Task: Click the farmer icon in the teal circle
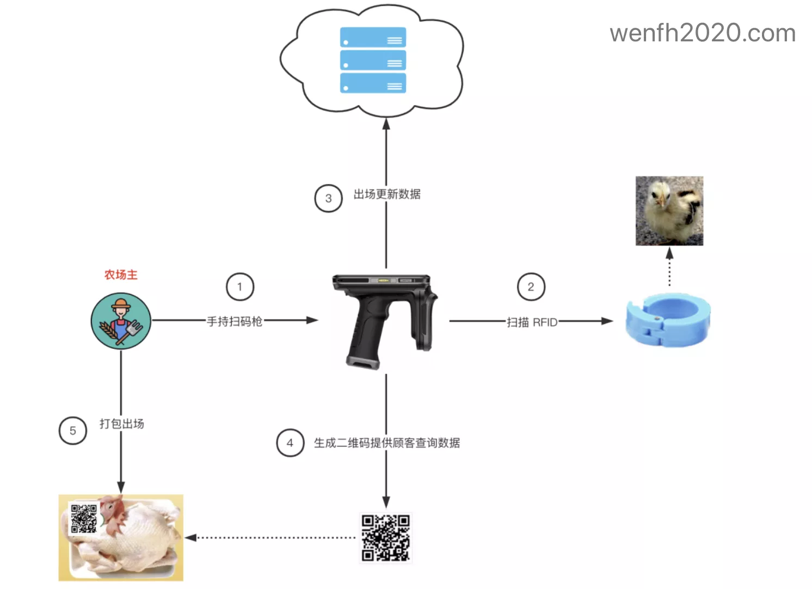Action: tap(121, 321)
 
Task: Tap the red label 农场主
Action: tap(121, 275)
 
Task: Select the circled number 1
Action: tap(240, 287)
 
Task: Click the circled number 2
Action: tap(531, 287)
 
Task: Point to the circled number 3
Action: tap(328, 198)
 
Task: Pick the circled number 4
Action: tap(290, 443)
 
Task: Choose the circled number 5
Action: tap(73, 431)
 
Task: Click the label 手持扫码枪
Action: tap(235, 321)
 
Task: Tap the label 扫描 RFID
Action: tap(532, 322)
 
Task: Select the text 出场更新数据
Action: tap(387, 194)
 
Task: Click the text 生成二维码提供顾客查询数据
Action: tap(387, 443)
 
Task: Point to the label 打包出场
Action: tap(122, 424)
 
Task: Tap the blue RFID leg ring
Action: tap(668, 320)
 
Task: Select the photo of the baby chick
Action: tap(669, 211)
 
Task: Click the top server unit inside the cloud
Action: tap(373, 38)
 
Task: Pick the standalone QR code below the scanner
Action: tap(386, 538)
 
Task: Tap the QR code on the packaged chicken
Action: tap(84, 518)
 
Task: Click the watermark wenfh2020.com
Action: tap(702, 33)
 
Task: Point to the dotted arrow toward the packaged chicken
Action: tap(272, 538)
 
